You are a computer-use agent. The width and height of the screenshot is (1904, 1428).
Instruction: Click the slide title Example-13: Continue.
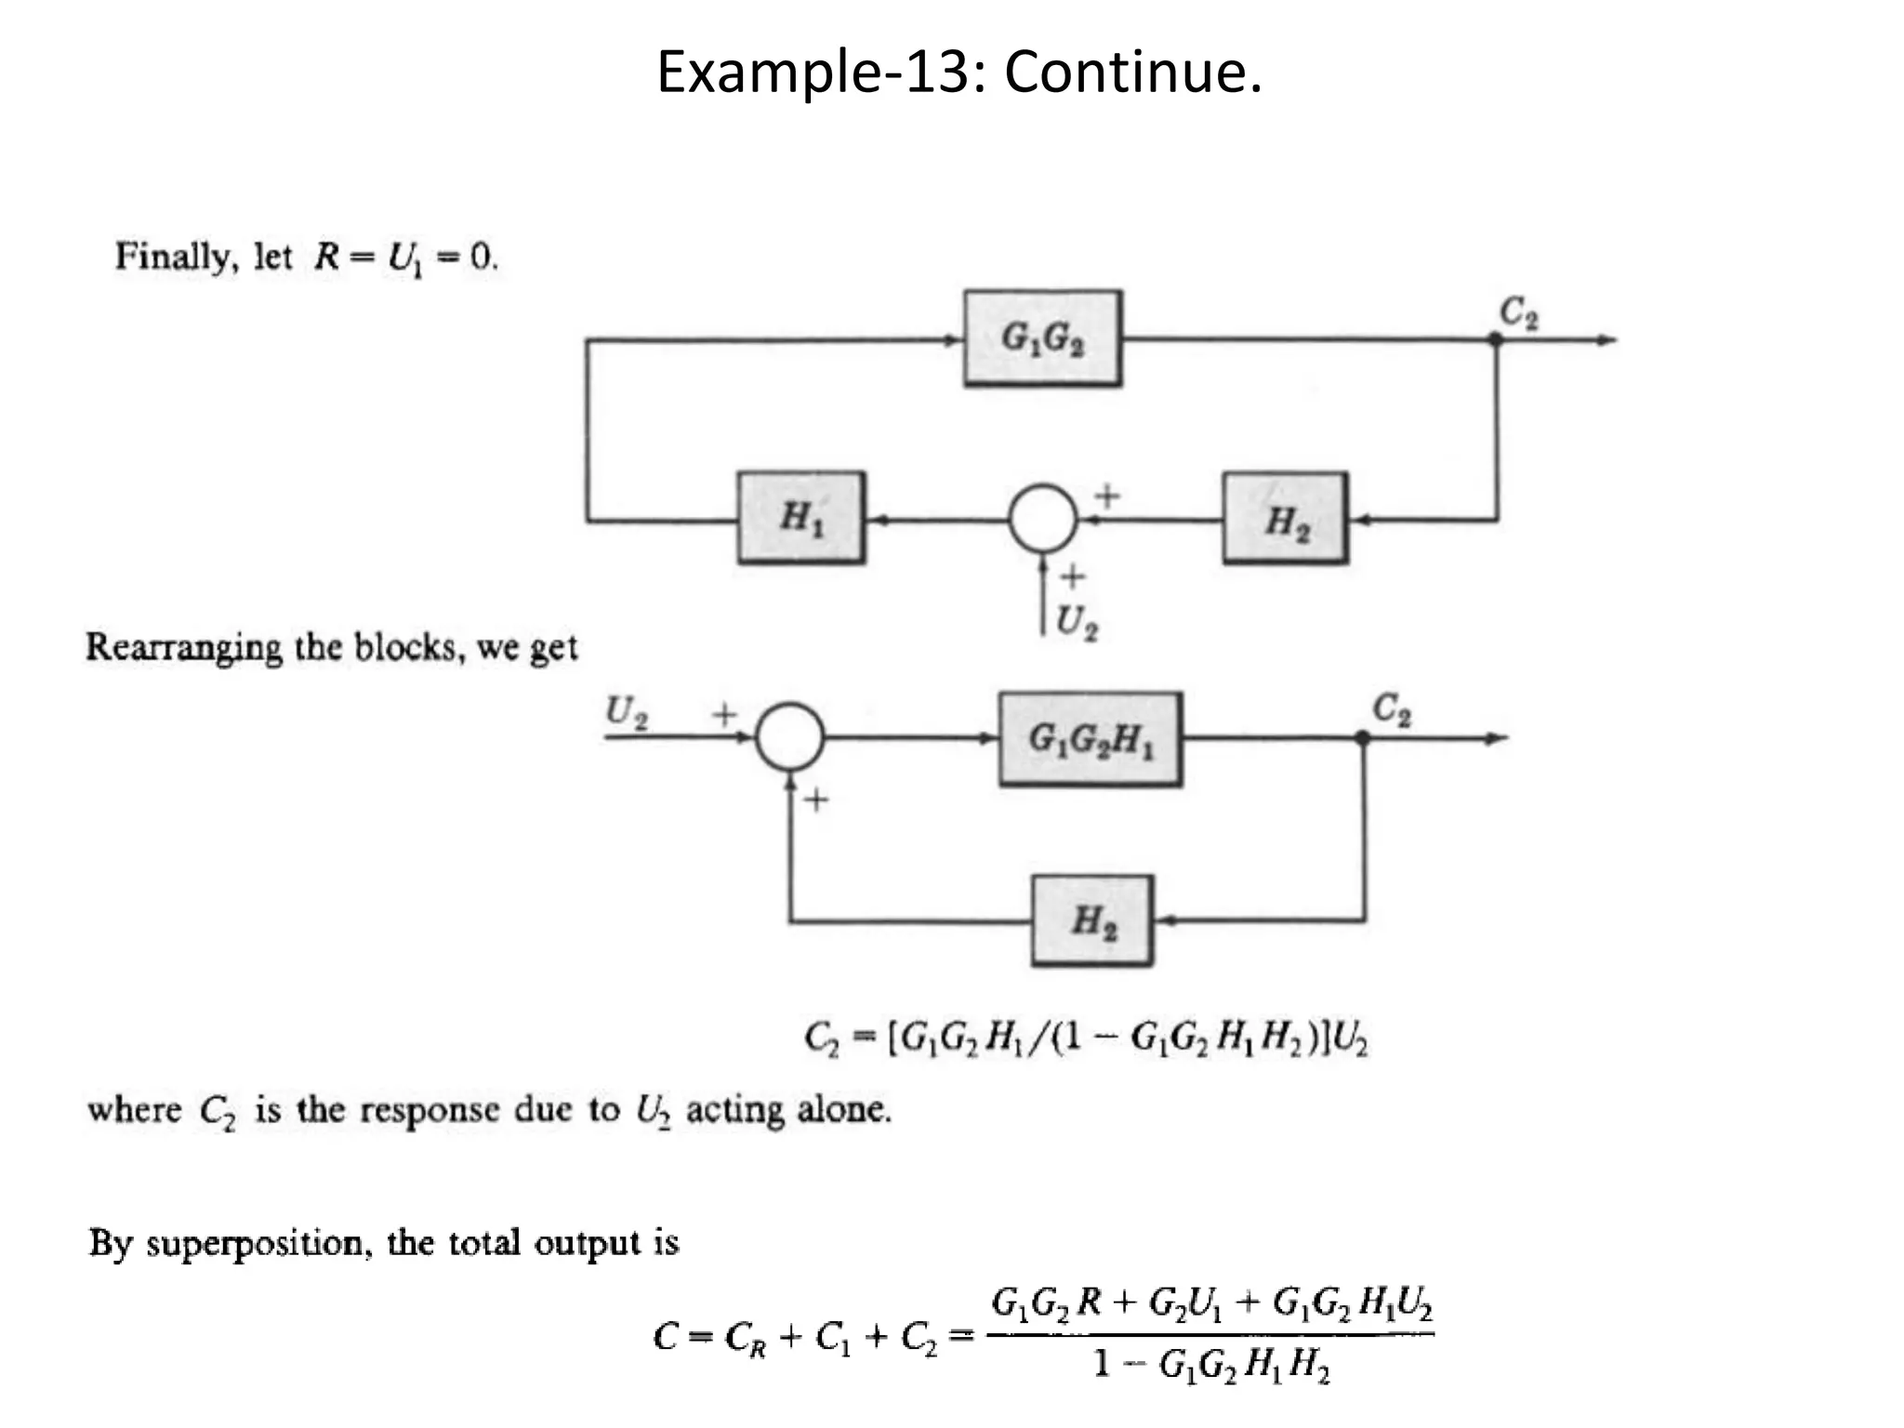tap(959, 72)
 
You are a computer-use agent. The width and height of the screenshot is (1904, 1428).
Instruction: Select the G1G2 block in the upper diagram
tap(1042, 338)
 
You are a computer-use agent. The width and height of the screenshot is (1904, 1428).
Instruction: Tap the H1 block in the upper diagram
tap(801, 518)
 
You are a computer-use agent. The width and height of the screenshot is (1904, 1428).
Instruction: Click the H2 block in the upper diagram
tap(1285, 519)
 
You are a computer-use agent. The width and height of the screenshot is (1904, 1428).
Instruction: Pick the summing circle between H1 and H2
tap(1042, 519)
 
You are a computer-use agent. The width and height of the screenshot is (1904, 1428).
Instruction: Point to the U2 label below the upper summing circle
tap(1077, 621)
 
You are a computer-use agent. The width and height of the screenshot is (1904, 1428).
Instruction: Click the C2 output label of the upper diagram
tap(1519, 311)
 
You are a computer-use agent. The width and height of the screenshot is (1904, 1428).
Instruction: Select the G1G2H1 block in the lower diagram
tap(1090, 739)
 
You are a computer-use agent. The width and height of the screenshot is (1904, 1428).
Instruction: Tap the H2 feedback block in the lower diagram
tap(1092, 920)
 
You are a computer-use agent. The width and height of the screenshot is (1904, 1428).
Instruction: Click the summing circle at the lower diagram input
tap(789, 737)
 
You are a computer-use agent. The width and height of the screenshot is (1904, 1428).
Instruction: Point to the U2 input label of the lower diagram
tap(627, 712)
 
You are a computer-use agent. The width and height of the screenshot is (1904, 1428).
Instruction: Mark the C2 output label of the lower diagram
tap(1392, 709)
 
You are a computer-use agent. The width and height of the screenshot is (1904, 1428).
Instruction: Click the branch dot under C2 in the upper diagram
tap(1496, 340)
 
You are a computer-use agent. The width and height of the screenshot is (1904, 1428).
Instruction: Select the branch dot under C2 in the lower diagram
tap(1362, 738)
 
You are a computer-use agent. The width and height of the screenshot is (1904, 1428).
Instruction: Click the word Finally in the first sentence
tap(172, 256)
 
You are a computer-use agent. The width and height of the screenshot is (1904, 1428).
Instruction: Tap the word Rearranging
tap(183, 647)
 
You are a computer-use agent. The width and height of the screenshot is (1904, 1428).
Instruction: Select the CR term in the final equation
tap(746, 1338)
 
